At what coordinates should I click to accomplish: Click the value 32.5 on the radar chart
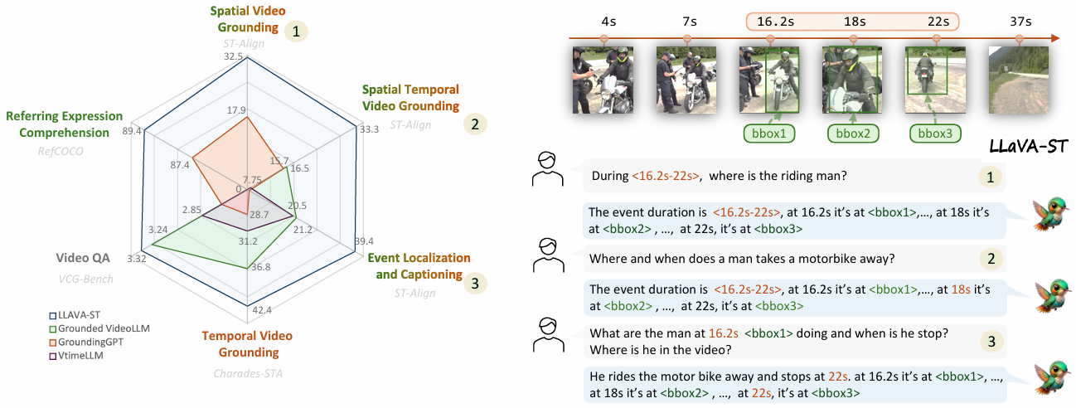click(x=234, y=56)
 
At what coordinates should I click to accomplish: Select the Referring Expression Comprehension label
click(x=64, y=124)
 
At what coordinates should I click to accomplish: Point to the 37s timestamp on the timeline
click(x=1019, y=17)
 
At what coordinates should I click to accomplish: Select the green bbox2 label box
click(x=853, y=133)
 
